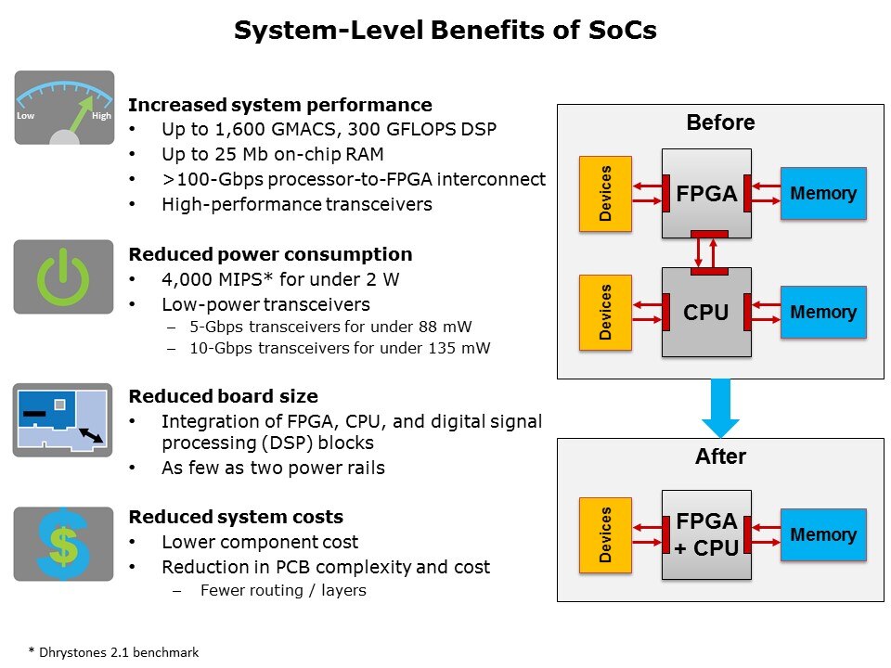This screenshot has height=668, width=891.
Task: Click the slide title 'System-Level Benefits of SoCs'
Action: pos(445,32)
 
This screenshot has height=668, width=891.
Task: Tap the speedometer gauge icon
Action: pos(64,108)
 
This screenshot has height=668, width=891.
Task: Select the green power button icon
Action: pos(64,276)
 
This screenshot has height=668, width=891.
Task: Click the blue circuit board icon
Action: pos(64,420)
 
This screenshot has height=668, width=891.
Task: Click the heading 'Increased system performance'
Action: pos(279,105)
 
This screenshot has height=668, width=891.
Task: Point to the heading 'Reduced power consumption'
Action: pos(270,254)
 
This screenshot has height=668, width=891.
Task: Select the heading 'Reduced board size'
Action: pos(223,396)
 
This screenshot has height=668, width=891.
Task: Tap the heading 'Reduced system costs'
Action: pos(236,517)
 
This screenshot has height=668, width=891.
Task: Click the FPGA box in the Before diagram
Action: pos(706,194)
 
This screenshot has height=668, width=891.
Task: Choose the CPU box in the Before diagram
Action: pos(706,313)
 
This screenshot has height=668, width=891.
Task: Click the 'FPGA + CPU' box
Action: pos(706,534)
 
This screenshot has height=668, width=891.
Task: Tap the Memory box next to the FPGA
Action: pos(822,194)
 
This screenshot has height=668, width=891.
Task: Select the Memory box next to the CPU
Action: pos(822,313)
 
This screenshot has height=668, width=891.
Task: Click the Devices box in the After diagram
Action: pos(605,534)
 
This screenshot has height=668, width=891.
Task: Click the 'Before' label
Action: pos(720,122)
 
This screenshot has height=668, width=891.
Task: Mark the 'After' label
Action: pos(720,456)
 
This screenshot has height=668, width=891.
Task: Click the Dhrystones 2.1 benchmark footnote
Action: pos(112,652)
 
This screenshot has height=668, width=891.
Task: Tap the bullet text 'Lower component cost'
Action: pos(260,542)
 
